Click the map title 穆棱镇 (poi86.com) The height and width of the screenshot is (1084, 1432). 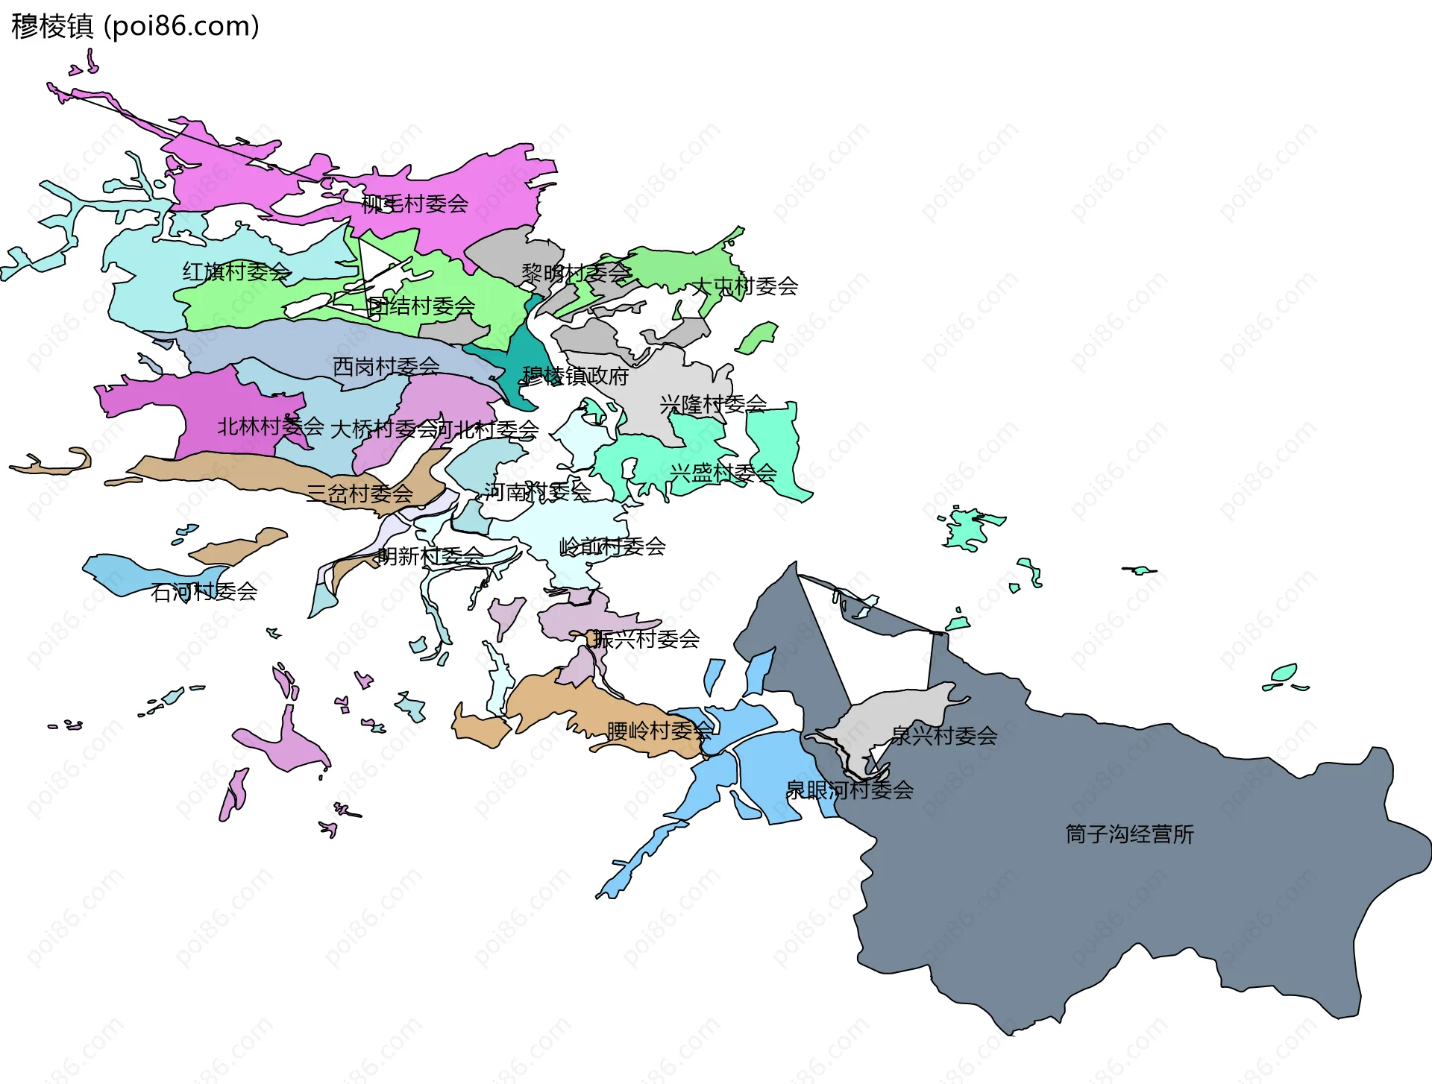click(135, 26)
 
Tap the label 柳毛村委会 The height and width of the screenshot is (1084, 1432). click(415, 204)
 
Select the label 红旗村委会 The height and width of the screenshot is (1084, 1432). click(236, 271)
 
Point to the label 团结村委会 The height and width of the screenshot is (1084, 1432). click(421, 306)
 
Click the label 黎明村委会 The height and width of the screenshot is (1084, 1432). click(576, 273)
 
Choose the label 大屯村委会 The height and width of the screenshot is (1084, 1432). click(745, 286)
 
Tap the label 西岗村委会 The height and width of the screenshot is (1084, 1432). click(386, 366)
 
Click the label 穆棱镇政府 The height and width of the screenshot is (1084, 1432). click(575, 376)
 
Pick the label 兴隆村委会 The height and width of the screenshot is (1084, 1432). click(713, 404)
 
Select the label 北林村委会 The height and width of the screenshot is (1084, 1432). click(270, 426)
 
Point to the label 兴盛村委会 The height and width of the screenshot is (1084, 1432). click(723, 473)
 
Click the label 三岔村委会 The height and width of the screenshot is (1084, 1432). click(359, 493)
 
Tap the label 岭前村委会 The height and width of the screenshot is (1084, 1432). click(612, 546)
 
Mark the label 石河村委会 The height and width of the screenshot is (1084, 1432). click(204, 592)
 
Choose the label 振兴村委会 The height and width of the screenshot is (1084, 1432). click(647, 639)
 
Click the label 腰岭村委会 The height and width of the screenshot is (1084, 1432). click(659, 731)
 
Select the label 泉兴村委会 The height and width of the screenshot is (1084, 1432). click(944, 736)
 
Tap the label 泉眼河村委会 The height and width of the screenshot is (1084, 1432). click(850, 790)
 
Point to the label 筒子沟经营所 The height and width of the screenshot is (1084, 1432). click(1129, 834)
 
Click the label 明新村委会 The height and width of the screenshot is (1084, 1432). click(430, 556)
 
